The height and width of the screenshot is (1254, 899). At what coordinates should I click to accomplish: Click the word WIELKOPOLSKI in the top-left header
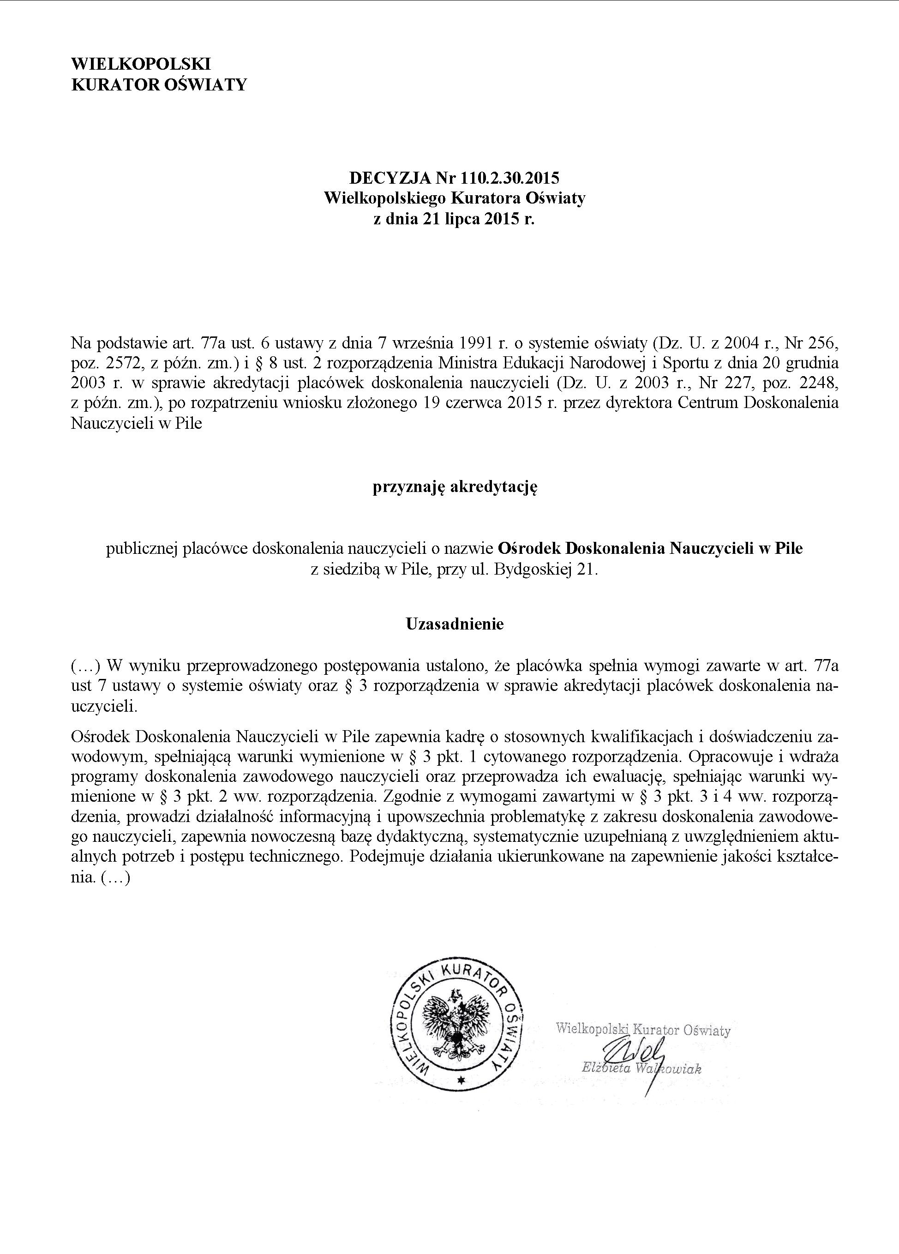point(141,64)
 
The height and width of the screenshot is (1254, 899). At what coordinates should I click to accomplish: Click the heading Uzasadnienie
point(455,624)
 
